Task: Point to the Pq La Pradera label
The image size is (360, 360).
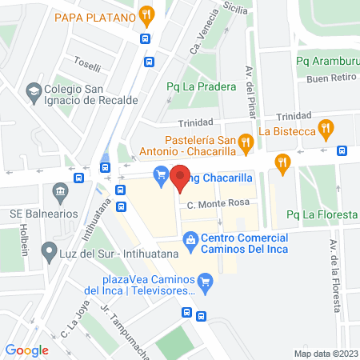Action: (x=201, y=87)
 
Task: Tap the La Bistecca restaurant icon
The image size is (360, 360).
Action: (x=325, y=127)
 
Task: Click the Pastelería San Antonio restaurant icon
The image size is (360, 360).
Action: (x=246, y=143)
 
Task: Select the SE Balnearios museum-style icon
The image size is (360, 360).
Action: (x=59, y=193)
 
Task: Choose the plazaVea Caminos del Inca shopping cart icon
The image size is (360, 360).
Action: (x=206, y=281)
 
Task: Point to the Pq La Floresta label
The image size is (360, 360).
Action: (x=322, y=214)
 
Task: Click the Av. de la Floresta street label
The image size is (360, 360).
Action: (x=336, y=275)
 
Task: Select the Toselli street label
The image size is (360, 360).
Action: (x=86, y=66)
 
